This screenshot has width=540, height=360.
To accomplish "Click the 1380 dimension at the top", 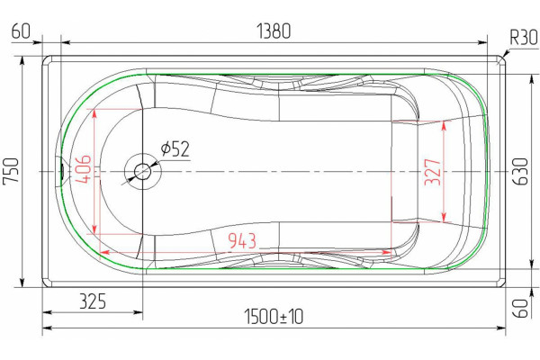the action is coord(274,31).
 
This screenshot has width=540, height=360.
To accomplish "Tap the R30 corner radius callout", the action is coord(524,37).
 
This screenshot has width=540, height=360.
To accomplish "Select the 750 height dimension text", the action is coord(11,172).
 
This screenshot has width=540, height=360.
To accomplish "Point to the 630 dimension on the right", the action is coord(521,172).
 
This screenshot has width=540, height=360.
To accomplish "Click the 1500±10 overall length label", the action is coord(274,317).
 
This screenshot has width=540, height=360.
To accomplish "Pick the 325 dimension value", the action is coord(93,301).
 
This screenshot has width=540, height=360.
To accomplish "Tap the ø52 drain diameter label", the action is coord(175,149).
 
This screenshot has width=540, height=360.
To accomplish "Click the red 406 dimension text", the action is coord(83,169).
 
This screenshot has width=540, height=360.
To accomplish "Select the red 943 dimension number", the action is coord(242,241).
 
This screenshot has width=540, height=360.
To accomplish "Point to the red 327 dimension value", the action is coord(433,172).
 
